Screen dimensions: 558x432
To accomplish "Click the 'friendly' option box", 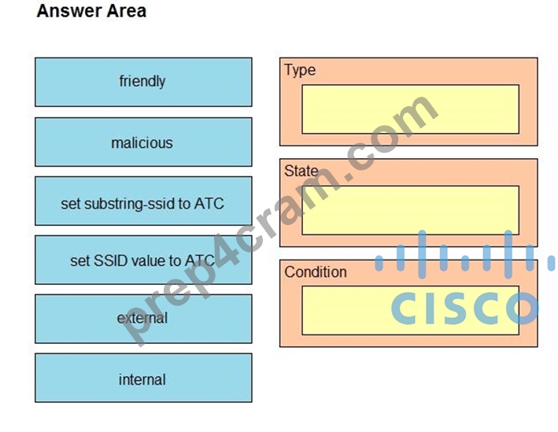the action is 143,82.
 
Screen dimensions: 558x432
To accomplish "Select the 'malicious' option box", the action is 143,142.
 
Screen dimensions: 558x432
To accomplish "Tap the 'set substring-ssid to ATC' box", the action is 143,201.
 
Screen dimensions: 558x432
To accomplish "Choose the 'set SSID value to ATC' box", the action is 143,260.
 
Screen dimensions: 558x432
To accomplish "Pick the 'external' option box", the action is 143,319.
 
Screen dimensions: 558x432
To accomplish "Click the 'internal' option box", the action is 143,378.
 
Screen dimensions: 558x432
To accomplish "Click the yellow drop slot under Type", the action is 410,109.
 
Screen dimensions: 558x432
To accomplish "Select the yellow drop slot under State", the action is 410,210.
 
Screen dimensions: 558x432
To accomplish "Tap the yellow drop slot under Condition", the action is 410,311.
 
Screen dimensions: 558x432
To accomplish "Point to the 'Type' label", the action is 300,71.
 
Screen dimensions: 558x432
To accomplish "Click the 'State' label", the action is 301,172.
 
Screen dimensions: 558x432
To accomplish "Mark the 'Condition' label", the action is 316,272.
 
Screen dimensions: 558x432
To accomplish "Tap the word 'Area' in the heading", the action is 127,11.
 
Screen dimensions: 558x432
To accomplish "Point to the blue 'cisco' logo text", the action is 465,308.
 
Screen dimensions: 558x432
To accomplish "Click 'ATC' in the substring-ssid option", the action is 209,204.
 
